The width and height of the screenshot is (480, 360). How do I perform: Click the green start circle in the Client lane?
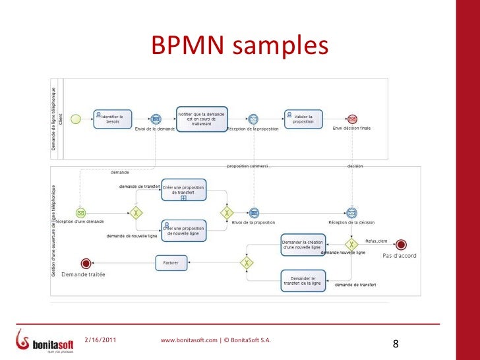coord(76,119)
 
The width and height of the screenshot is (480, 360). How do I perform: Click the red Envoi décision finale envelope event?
coord(352,119)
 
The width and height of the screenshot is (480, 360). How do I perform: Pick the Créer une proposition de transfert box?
coord(183,189)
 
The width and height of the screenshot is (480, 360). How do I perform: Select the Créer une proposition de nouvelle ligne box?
coord(183,230)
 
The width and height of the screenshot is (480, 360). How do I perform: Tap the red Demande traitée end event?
coord(84,262)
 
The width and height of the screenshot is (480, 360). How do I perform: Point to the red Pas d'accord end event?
coord(400,245)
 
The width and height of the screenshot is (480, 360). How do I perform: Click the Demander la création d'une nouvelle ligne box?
coord(303,245)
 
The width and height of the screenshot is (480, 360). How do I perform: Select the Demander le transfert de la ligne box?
coord(303,280)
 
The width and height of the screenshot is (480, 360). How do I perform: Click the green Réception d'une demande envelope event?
coord(80,213)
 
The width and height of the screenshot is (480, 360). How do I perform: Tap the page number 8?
coord(396,344)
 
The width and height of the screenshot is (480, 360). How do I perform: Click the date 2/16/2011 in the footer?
coord(103,340)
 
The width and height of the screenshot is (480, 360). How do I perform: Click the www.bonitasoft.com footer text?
coord(215,340)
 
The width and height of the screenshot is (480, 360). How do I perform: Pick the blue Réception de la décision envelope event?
coord(352,213)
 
